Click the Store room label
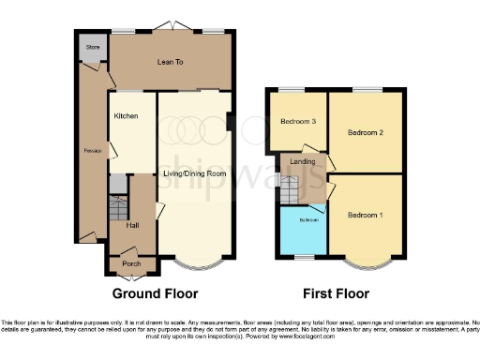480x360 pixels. point(92,46)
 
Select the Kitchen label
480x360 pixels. point(127,115)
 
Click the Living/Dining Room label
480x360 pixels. point(193,174)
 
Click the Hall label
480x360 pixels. point(132,226)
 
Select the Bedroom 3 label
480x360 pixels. point(297,121)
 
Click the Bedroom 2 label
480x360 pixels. point(367,133)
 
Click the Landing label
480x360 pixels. point(303,161)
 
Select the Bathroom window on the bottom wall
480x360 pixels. point(303,256)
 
